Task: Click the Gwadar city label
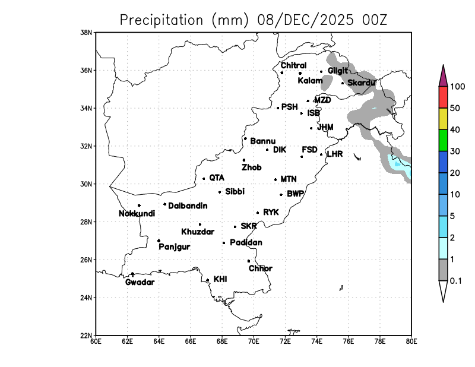pyautogui.click(x=140, y=282)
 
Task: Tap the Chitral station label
pyautogui.click(x=293, y=65)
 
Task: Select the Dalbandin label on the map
pyautogui.click(x=188, y=206)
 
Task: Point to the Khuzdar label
pyautogui.click(x=198, y=232)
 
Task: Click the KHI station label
pyautogui.click(x=220, y=279)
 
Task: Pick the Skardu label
pyautogui.click(x=361, y=83)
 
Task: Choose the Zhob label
pyautogui.click(x=251, y=167)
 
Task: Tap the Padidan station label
pyautogui.click(x=246, y=242)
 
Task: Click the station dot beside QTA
pyautogui.click(x=204, y=179)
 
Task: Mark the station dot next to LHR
pyautogui.click(x=321, y=154)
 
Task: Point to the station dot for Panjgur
pyautogui.click(x=159, y=241)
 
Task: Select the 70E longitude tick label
pyautogui.click(x=254, y=341)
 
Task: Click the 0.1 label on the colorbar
pyautogui.click(x=456, y=281)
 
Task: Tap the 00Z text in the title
pyautogui.click(x=374, y=20)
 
